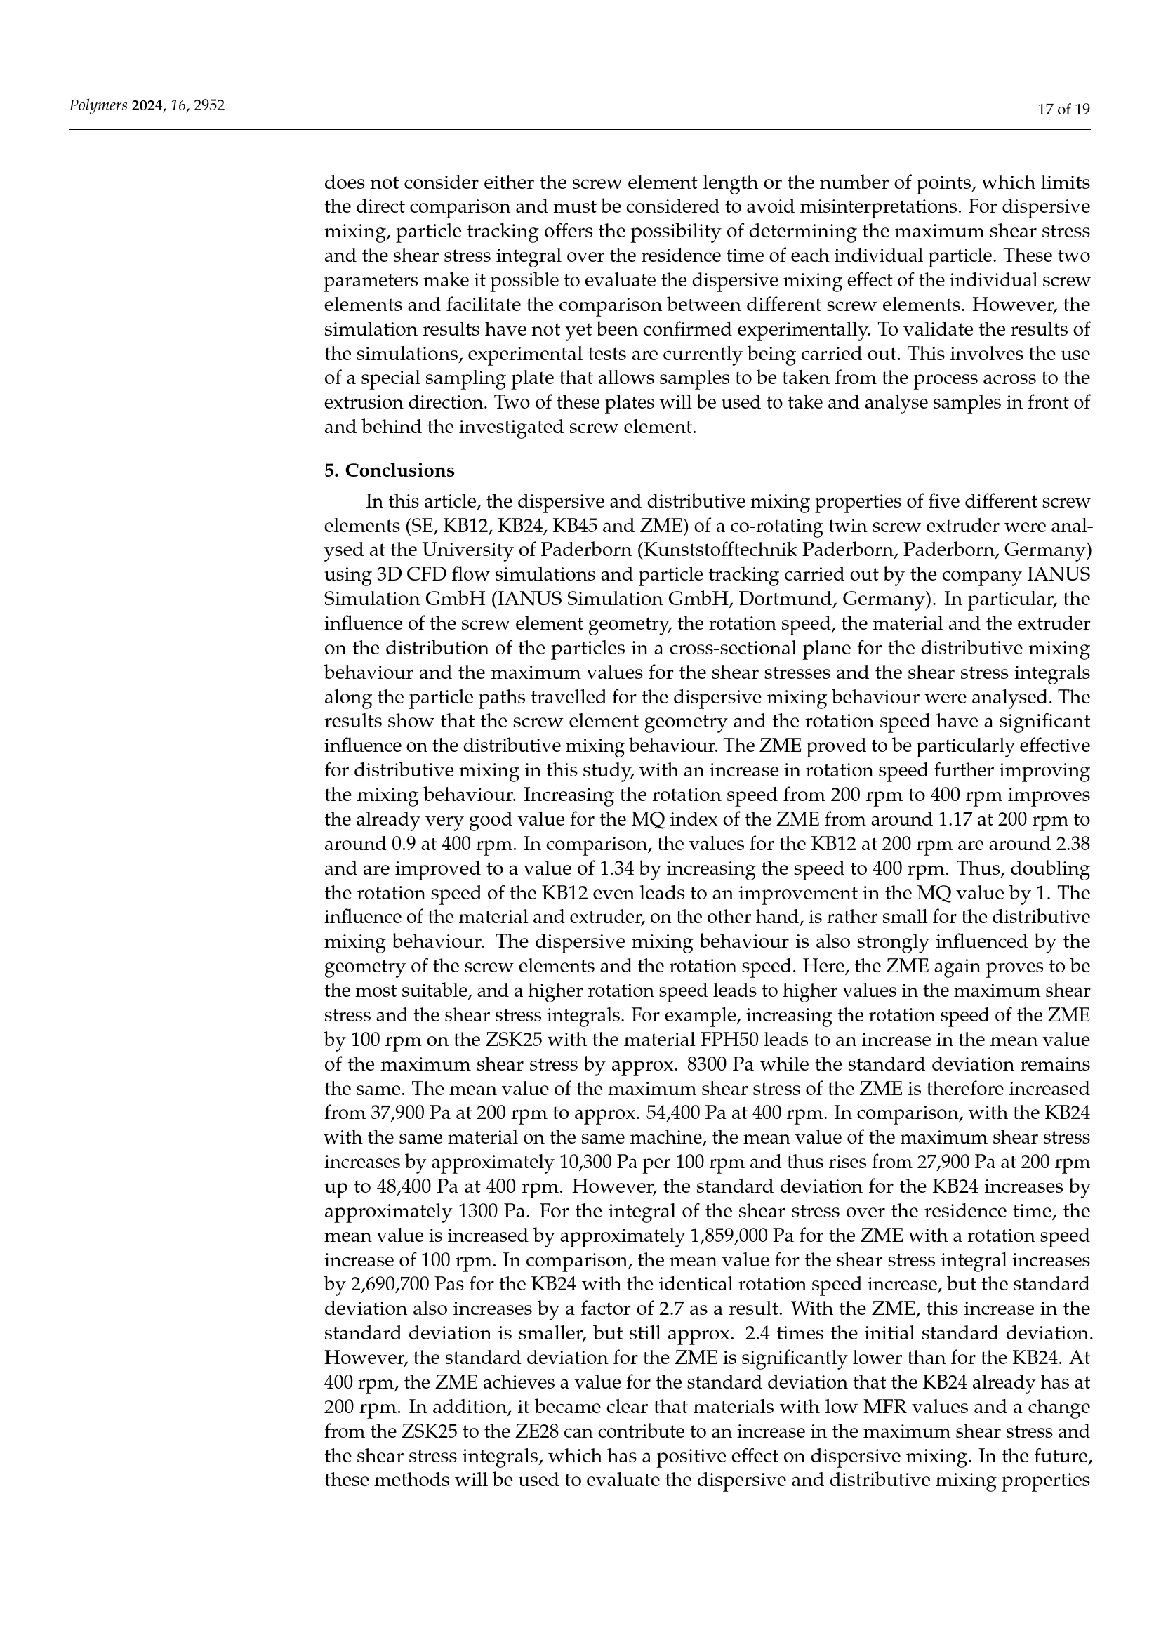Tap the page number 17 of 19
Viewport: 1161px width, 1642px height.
point(1063,110)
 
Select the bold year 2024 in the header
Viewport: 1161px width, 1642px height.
point(147,106)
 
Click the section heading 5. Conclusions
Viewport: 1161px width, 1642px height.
point(389,470)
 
